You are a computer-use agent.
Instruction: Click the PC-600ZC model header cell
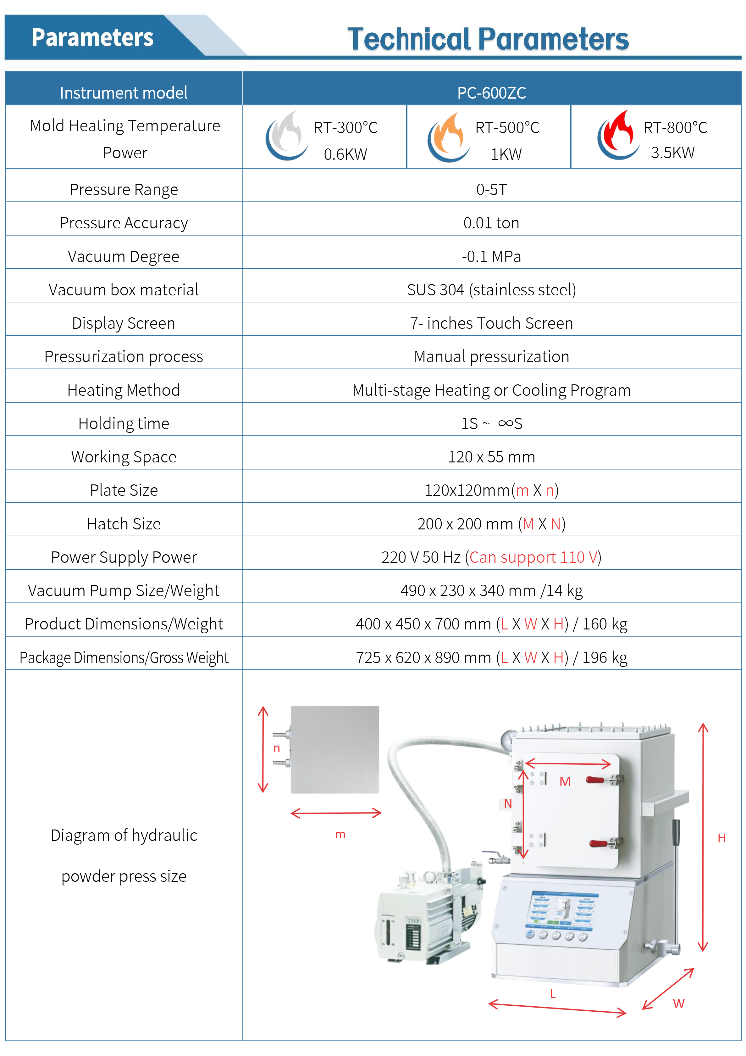point(491,93)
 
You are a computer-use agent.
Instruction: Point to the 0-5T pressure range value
point(491,189)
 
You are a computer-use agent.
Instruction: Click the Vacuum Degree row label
point(123,256)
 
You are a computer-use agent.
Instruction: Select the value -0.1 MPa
point(491,256)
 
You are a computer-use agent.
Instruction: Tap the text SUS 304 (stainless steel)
point(491,290)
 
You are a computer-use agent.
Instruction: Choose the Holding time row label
point(123,423)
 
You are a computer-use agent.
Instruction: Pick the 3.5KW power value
point(672,153)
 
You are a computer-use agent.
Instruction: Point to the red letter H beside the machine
point(721,838)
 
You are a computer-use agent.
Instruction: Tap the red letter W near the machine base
point(678,1003)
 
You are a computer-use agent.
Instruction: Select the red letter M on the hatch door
point(565,781)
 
